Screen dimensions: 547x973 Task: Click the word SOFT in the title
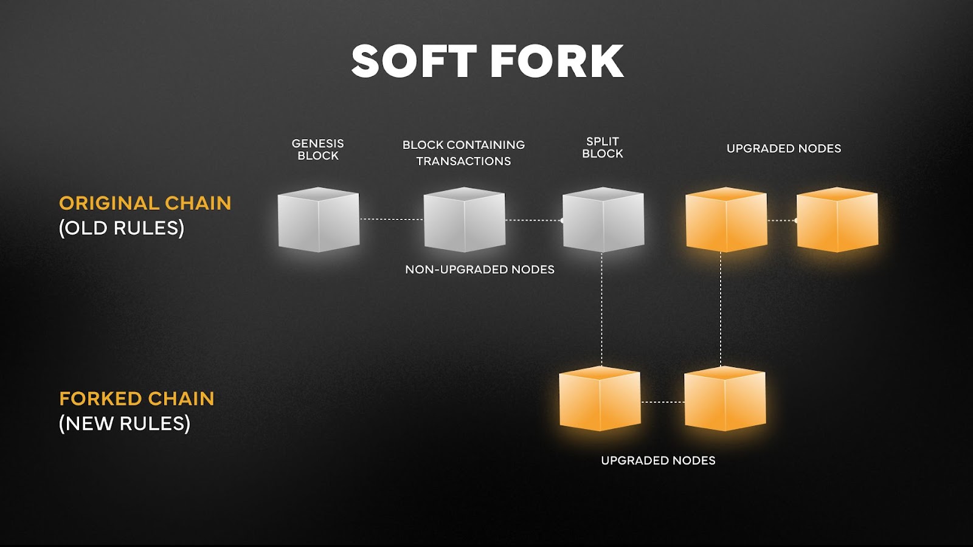pos(414,61)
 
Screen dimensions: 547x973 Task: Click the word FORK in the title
pos(556,61)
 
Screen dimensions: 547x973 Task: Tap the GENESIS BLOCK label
pos(317,150)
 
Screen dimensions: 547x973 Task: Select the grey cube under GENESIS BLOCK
pos(318,220)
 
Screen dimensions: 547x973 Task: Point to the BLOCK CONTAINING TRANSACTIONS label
pos(463,153)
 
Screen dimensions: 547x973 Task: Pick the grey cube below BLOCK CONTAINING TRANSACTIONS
pos(464,220)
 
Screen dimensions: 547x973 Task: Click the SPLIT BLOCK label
pos(602,148)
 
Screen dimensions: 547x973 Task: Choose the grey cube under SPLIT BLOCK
pos(603,220)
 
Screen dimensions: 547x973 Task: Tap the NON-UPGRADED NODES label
pos(480,269)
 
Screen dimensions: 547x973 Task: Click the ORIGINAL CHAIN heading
pos(145,203)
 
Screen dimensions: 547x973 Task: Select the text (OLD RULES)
pos(121,228)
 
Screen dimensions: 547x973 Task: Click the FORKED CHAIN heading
pos(136,399)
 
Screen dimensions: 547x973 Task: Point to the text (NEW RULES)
pos(124,424)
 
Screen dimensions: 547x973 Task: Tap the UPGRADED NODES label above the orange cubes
pos(783,148)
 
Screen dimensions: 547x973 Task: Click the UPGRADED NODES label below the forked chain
pos(658,461)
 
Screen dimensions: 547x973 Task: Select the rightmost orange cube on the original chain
pos(837,220)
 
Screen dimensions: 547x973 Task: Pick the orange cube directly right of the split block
pos(725,220)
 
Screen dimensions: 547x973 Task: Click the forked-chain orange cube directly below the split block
pos(599,399)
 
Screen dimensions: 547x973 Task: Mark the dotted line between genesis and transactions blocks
pos(391,219)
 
